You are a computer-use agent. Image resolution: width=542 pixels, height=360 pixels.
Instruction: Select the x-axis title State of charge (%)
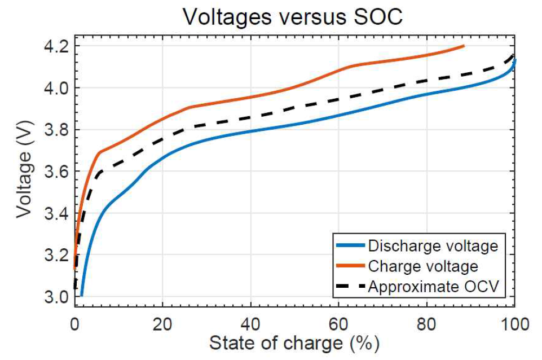pyautogui.click(x=294, y=343)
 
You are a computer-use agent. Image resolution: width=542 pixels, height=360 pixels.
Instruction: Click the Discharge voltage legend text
pyautogui.click(x=433, y=246)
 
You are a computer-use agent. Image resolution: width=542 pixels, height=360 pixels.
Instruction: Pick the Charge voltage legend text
pyautogui.click(x=422, y=266)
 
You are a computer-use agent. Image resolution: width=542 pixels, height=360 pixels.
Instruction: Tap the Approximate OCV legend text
pyautogui.click(x=433, y=286)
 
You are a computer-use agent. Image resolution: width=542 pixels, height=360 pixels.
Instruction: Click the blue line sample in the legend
pyautogui.click(x=350, y=246)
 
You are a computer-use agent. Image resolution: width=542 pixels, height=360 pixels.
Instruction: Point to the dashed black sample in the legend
pyautogui.click(x=350, y=286)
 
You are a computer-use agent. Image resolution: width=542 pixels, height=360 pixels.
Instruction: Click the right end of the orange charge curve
pyautogui.click(x=464, y=46)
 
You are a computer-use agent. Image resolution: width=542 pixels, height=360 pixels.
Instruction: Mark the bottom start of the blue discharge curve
pyautogui.click(x=82, y=295)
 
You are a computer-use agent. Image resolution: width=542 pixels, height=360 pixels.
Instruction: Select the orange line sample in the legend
pyautogui.click(x=350, y=266)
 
